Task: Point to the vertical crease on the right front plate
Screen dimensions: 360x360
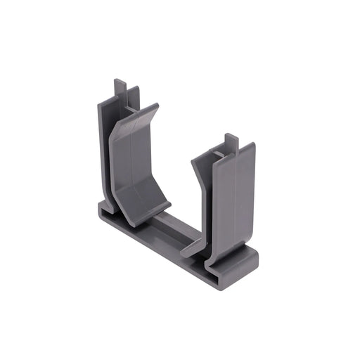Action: [236, 204]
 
